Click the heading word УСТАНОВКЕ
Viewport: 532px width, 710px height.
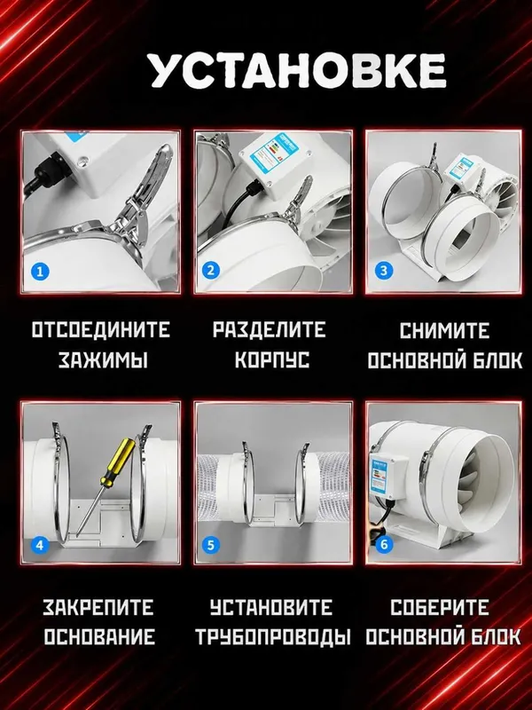298,72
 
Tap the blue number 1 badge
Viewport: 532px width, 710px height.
40,272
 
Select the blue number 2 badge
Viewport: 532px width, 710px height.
210,271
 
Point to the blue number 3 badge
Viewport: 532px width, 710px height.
384,271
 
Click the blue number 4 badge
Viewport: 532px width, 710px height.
40,545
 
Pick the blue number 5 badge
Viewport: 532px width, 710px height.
210,545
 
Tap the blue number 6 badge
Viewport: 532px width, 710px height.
384,544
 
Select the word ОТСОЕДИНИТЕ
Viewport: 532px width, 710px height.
101,329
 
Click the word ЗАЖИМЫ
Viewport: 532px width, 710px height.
103,360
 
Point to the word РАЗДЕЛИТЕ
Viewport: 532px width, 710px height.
270,329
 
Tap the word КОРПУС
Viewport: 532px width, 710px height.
272,360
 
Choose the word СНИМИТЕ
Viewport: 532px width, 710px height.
444,330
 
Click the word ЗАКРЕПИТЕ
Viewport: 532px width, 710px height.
98,607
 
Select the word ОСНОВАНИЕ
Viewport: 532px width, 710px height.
99,636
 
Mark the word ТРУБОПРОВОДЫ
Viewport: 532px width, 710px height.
273,636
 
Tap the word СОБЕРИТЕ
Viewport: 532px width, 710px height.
440,607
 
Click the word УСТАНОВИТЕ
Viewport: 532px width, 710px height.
271,607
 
